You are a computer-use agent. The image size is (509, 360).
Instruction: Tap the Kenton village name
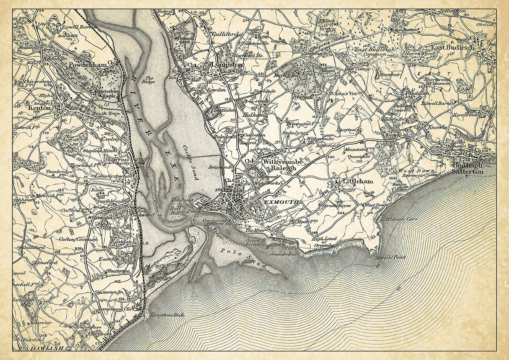39,108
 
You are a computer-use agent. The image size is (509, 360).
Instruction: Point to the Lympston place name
227,65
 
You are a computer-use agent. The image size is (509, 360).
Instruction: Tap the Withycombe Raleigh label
280,165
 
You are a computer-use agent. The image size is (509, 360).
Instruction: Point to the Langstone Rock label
164,315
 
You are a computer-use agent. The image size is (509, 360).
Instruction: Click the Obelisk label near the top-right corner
485,24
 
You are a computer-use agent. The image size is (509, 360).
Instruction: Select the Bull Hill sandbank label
177,209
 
